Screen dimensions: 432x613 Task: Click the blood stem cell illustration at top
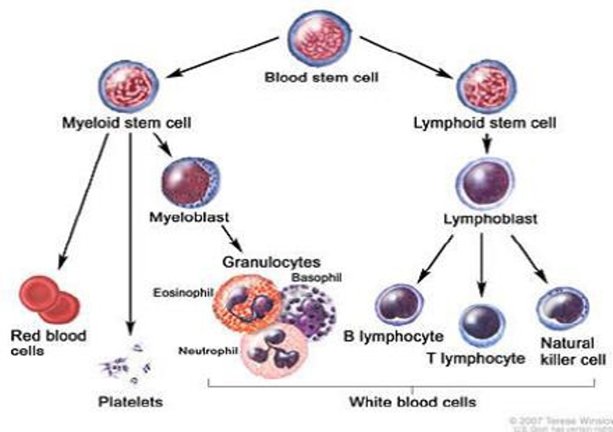click(320, 38)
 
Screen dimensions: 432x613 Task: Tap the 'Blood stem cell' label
click(321, 78)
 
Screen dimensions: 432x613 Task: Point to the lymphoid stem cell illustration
click(486, 86)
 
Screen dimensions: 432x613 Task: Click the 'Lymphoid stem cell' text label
click(485, 123)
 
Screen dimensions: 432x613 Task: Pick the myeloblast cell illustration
click(191, 182)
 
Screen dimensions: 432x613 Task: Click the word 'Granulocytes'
click(271, 262)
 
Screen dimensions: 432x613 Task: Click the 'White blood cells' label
click(412, 401)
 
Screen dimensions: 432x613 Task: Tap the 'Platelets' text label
click(130, 401)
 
